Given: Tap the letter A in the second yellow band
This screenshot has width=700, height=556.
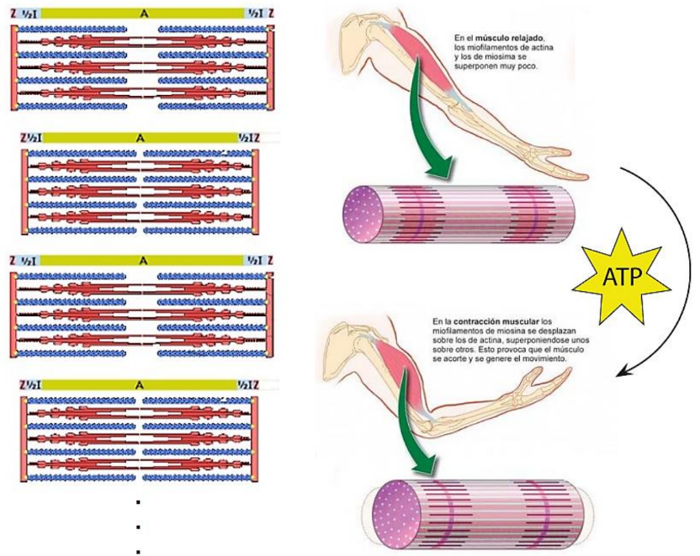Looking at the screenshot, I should point(141,136).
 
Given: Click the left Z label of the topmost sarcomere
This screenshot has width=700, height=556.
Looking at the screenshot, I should point(13,11).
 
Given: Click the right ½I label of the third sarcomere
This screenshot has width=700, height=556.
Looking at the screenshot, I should point(253,262).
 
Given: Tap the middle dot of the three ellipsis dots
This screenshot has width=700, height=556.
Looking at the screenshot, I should point(136,528).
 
